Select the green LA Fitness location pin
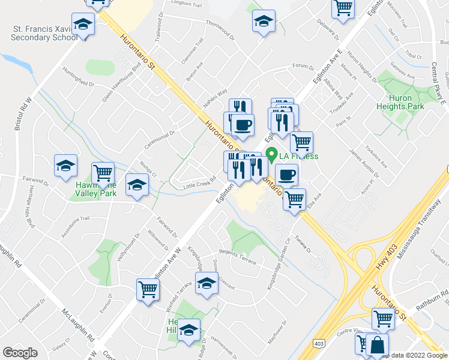[x=271, y=156]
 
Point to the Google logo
[x=20, y=353]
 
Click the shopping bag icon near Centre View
[x=378, y=346]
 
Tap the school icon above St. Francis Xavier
[x=83, y=25]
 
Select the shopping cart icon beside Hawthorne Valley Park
[x=103, y=173]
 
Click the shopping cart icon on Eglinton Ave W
[x=148, y=290]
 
